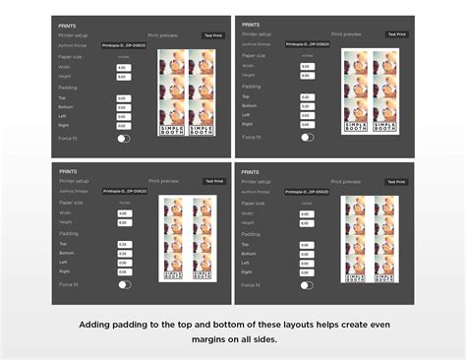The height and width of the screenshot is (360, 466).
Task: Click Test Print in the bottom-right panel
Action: click(x=395, y=182)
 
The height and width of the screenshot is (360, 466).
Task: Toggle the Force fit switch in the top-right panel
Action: click(x=307, y=137)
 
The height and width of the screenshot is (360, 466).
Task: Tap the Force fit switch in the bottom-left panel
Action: click(x=124, y=284)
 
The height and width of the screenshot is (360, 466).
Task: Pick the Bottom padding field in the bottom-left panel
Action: click(x=123, y=254)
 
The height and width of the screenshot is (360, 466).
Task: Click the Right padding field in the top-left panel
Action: click(x=123, y=126)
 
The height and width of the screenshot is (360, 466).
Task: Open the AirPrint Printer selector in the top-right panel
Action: click(x=307, y=44)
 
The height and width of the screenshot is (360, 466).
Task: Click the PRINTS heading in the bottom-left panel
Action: click(x=69, y=171)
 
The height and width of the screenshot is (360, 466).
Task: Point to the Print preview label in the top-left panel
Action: click(x=162, y=33)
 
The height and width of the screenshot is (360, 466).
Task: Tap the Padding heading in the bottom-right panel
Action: click(x=251, y=234)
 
